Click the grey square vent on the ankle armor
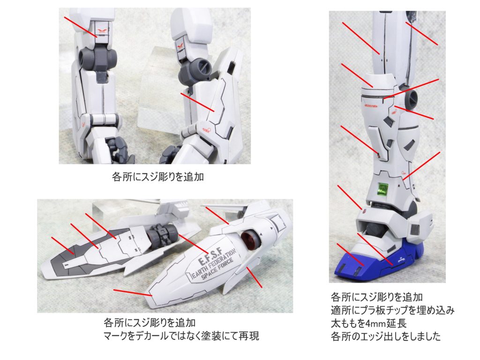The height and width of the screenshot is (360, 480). (x=415, y=229)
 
